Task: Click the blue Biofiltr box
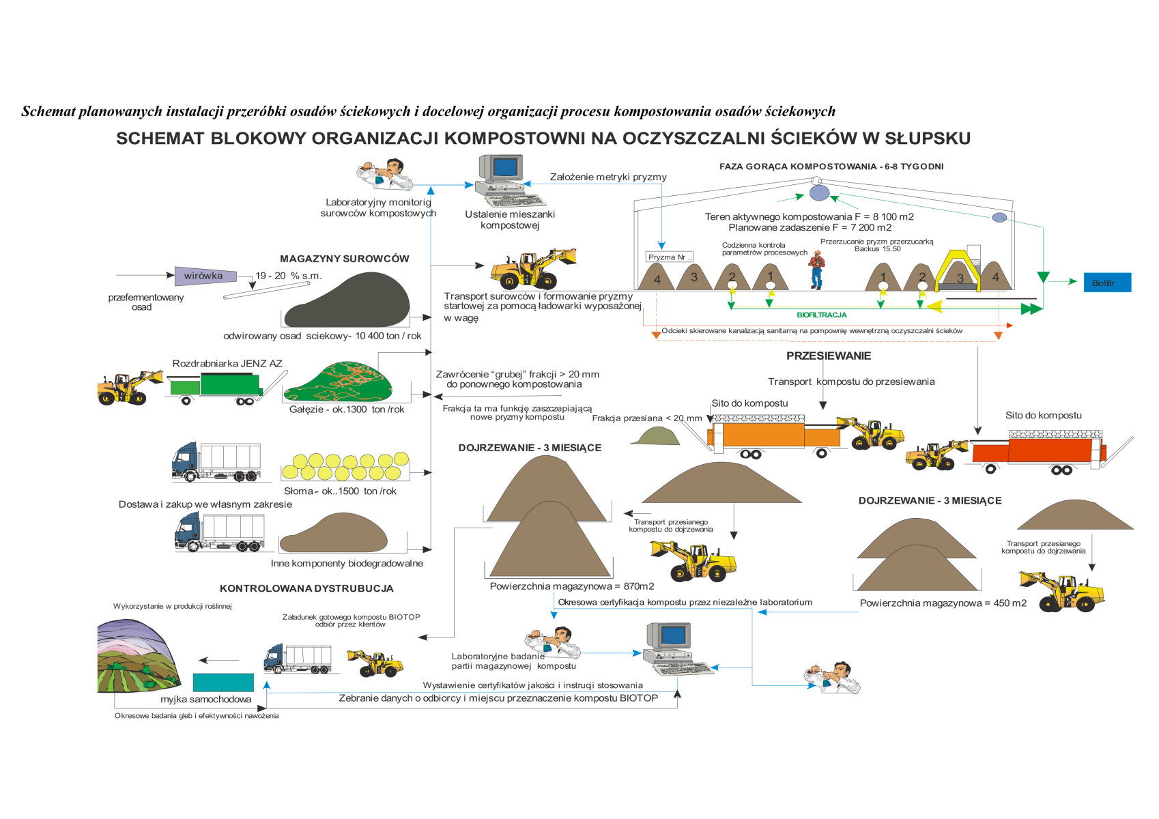[1107, 283]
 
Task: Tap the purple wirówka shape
[205, 276]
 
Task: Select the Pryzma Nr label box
[669, 257]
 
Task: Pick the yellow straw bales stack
[345, 467]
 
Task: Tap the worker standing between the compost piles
[816, 269]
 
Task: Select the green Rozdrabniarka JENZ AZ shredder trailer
[216, 386]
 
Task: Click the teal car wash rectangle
[223, 682]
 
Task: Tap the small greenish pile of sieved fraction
[655, 436]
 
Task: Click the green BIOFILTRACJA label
[821, 315]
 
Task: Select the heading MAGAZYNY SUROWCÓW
[344, 259]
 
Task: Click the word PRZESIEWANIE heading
[828, 356]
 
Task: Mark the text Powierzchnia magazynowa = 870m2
[571, 586]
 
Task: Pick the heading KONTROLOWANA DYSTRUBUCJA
[306, 588]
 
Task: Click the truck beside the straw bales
[216, 462]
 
